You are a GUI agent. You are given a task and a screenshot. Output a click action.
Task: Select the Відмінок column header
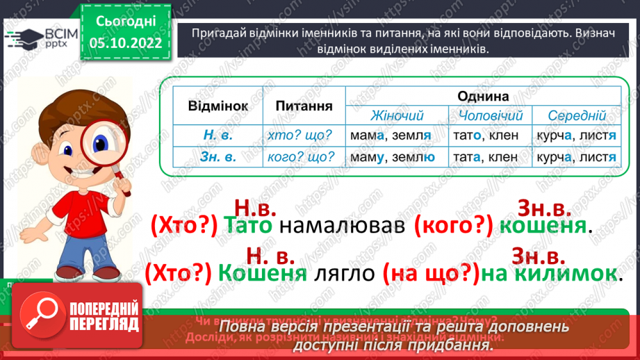coord(218,106)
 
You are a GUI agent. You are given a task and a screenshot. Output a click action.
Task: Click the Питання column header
coord(303,106)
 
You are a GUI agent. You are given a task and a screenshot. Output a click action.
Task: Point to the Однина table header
coord(483,96)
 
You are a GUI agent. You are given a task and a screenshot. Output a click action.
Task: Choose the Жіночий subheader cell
coord(397,115)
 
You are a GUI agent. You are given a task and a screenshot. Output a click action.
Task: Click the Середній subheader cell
coord(577,115)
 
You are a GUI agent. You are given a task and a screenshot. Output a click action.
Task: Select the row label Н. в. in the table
coord(218,136)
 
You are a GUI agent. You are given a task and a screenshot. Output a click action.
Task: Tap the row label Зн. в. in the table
coord(218,157)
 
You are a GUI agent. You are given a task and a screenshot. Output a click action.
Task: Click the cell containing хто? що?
coord(300,136)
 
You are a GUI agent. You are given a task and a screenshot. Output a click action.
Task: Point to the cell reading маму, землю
coord(393,157)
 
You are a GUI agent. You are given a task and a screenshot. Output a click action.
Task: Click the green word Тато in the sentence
coord(249,226)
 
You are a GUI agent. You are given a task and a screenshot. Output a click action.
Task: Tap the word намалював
coord(342,226)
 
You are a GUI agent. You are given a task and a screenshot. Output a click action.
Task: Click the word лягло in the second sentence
coord(344,273)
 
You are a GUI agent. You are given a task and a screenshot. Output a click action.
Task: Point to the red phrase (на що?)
coord(430,273)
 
